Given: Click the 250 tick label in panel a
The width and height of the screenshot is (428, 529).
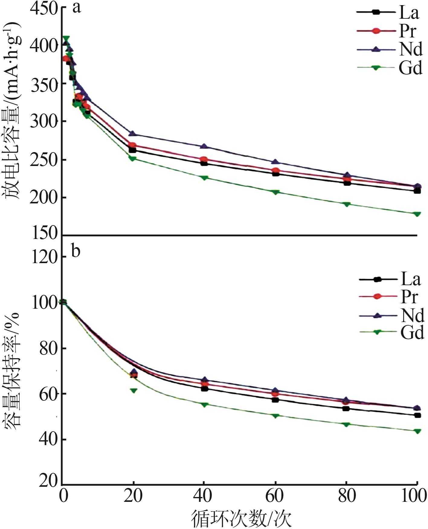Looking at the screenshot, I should pos(44,160).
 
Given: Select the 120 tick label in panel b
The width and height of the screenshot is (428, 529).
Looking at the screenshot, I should pos(45,257).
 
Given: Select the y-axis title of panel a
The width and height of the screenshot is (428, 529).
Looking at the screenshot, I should pos(12,112).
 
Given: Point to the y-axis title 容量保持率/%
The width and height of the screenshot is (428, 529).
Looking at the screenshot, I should pos(12,368).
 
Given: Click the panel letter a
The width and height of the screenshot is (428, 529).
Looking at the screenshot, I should pos(77,8).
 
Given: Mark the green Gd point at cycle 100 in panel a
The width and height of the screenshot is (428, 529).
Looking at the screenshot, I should pos(417,214).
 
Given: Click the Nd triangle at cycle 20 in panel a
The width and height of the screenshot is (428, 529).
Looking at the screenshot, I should pos(133,133).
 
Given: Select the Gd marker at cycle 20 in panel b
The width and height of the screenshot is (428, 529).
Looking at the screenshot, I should pos(133,390).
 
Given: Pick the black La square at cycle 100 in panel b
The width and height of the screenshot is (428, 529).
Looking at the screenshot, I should pos(417,416).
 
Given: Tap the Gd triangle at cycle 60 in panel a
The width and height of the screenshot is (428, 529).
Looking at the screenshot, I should pos(275,192).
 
